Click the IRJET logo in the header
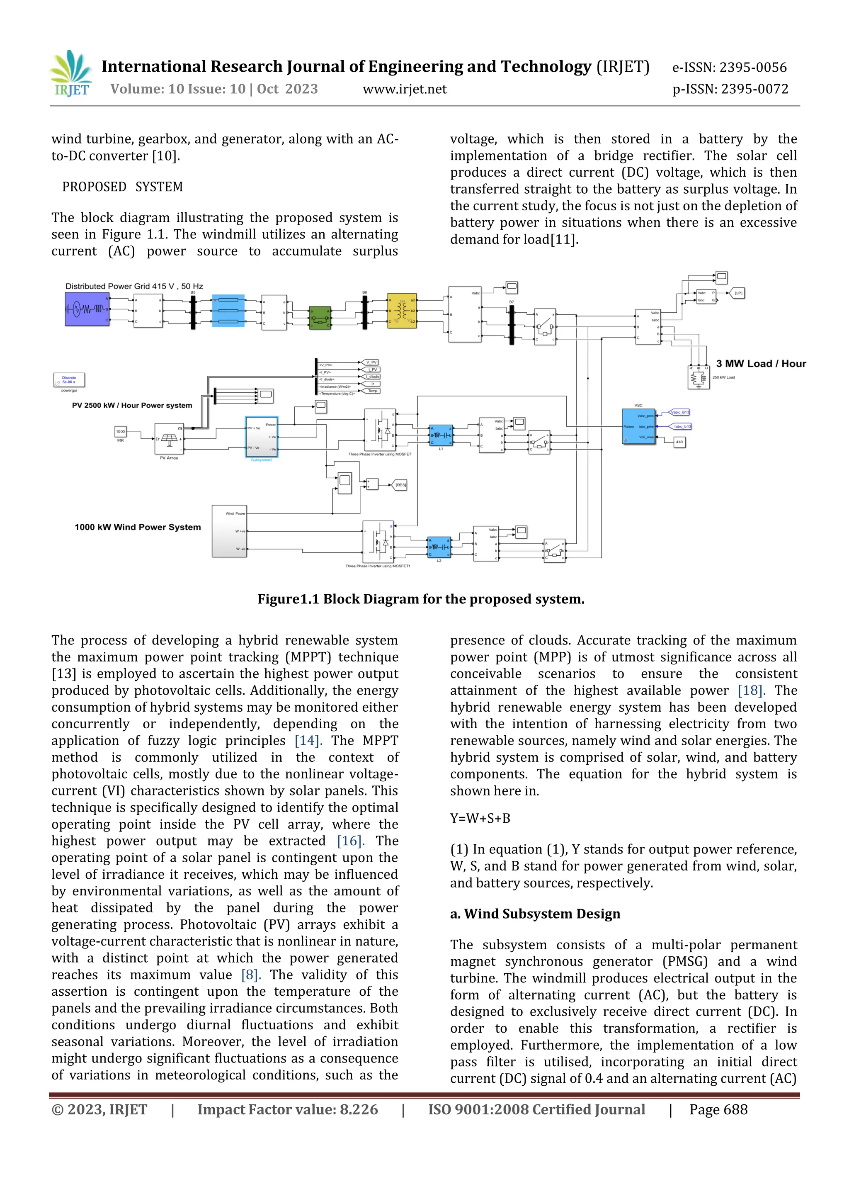point(72,74)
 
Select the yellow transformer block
point(402,311)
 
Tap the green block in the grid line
point(320,318)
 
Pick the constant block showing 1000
point(121,432)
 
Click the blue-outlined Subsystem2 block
point(262,437)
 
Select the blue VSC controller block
point(638,426)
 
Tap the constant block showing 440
point(679,442)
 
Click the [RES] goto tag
point(400,485)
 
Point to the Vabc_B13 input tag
point(679,412)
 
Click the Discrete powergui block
point(69,380)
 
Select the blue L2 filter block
point(439,547)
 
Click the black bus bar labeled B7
point(512,325)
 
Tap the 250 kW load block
point(699,377)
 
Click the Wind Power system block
point(229,531)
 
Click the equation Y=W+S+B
point(480,818)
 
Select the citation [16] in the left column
point(350,841)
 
